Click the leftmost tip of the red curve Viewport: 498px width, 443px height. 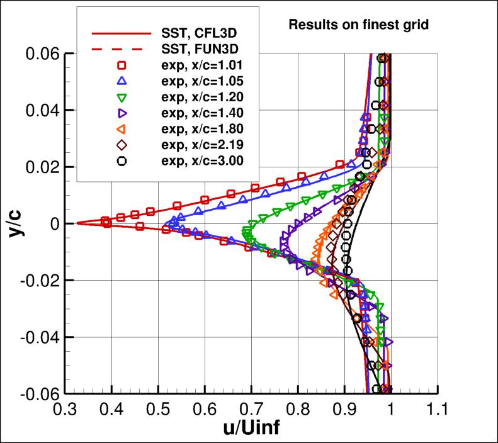point(76,223)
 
